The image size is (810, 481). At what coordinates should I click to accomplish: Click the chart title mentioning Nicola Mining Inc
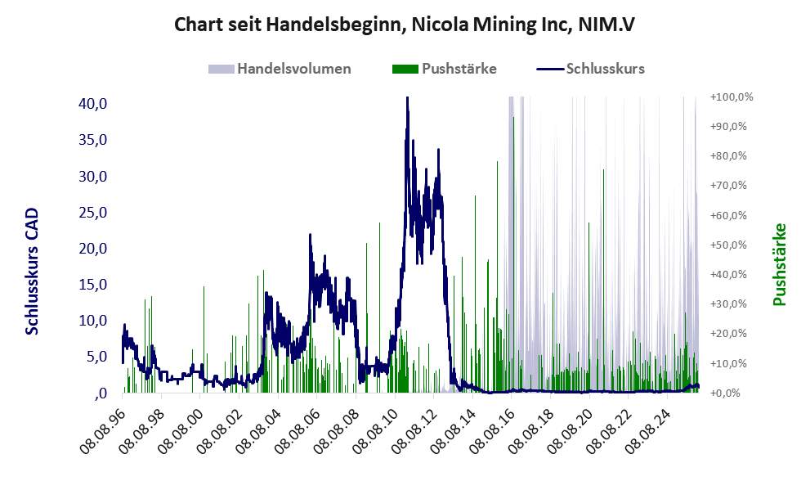tap(405, 25)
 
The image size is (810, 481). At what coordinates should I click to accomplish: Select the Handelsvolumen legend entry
tap(294, 69)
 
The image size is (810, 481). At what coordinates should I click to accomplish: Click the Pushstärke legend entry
tap(459, 69)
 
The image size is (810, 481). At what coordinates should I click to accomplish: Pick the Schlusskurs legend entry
tap(605, 69)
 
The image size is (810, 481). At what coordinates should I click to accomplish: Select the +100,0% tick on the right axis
tap(731, 97)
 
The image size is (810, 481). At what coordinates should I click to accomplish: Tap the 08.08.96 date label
tap(104, 425)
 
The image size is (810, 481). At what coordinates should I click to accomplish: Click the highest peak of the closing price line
tap(407, 99)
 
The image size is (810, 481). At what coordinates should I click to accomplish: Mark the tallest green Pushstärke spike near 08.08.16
tap(513, 119)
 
